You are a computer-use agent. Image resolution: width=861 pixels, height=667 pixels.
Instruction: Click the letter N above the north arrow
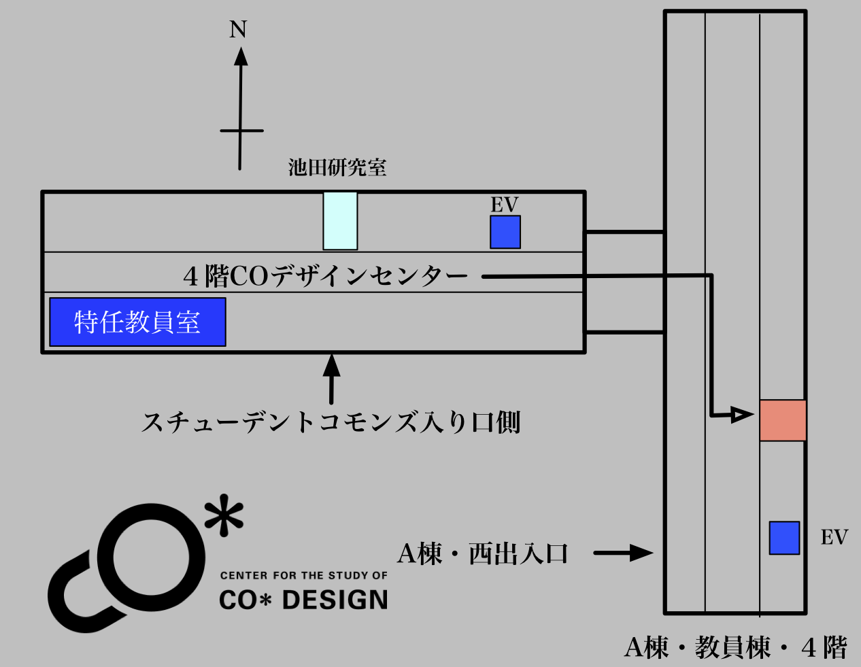pos(238,29)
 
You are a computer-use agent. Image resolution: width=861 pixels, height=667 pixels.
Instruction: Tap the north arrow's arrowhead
pos(241,56)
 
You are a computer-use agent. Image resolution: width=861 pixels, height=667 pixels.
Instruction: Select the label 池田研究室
pos(337,167)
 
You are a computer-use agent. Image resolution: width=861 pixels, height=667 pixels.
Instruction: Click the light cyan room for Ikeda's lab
pos(340,221)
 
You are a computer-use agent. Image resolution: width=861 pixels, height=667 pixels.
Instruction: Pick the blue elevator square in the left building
pos(505,232)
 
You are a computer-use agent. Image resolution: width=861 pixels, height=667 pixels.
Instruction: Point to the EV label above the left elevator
pos(505,205)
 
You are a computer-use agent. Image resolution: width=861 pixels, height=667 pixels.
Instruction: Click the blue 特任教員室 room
pos(138,322)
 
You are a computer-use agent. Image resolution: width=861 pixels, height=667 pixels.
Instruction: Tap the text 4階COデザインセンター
pos(326,276)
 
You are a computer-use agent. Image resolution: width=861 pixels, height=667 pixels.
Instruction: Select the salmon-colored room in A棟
pos(783,420)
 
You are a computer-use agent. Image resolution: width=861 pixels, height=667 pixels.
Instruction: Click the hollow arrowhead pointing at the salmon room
pos(741,415)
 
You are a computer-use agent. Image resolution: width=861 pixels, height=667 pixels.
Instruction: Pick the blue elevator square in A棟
pos(785,538)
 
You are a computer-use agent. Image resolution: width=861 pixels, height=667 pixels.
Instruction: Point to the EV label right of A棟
pos(834,538)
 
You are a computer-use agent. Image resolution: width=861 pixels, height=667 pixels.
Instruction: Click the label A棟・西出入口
pos(483,553)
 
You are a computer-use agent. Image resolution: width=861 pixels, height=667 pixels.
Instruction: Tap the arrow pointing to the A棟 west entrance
pos(623,553)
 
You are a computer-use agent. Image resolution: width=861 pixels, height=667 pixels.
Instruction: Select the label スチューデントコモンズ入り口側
pos(331,422)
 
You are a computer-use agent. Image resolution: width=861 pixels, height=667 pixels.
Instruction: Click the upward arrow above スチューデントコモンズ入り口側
pos(332,379)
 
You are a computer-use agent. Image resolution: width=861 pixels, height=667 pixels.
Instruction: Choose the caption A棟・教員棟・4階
pos(736,647)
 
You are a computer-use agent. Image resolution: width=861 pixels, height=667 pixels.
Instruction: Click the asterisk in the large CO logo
pos(224,515)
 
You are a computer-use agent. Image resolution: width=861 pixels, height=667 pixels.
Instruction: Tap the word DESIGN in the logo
pos(335,600)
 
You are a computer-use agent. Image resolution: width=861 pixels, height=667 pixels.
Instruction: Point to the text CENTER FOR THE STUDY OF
pos(304,575)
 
